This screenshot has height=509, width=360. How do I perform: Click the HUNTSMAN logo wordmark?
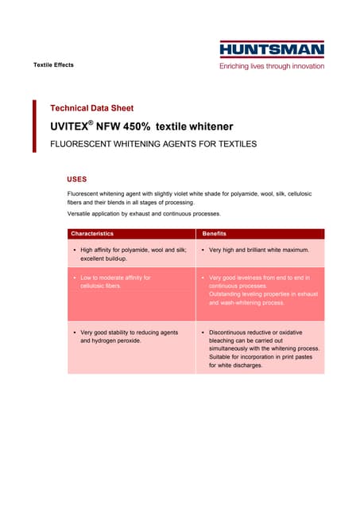click(x=272, y=50)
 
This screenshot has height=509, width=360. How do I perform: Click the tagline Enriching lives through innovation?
click(x=272, y=66)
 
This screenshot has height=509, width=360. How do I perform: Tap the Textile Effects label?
click(x=53, y=64)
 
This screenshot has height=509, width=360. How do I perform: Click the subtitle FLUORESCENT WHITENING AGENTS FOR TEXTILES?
click(x=153, y=145)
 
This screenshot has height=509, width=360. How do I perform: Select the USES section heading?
click(x=77, y=179)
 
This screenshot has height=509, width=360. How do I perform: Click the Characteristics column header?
click(x=92, y=234)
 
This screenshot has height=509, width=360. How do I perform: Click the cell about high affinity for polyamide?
click(x=131, y=254)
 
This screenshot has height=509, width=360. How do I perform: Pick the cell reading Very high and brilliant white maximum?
click(x=258, y=250)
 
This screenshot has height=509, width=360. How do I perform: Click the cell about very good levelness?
click(x=259, y=290)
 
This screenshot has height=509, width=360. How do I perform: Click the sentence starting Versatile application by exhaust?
click(x=144, y=213)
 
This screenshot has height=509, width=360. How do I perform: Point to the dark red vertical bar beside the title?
click(x=34, y=126)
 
